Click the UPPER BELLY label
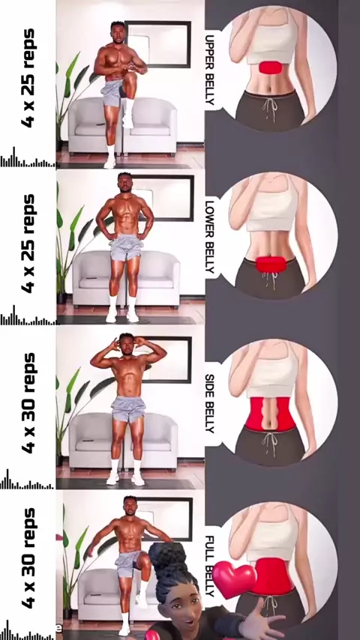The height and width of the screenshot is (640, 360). [210, 70]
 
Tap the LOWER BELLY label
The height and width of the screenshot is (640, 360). [210, 237]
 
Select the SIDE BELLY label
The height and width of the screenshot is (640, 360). [210, 403]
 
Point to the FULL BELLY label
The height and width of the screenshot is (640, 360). [209, 565]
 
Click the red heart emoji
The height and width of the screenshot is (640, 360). [234, 579]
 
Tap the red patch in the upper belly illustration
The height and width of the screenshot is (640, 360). [270, 67]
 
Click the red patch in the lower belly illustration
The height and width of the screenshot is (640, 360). [271, 264]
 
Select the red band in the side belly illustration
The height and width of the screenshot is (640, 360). [270, 414]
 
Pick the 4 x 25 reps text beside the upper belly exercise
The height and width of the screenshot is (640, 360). [28, 78]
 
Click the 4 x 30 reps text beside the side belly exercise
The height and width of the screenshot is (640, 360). [28, 403]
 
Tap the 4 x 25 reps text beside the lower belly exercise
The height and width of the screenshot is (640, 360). [28, 244]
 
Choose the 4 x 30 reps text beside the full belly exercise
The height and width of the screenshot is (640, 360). [28, 558]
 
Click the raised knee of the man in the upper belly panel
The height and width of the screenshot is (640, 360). [131, 77]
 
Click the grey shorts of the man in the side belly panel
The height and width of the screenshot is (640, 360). [128, 408]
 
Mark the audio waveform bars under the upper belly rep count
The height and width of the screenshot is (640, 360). [28, 159]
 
